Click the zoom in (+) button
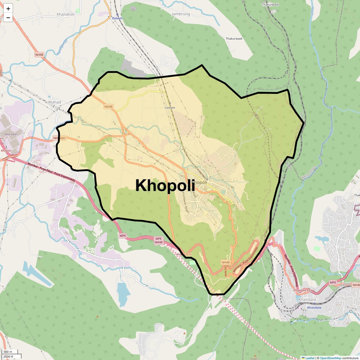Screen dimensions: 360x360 click(x=8, y=9)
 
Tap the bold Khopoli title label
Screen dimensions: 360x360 click(x=165, y=185)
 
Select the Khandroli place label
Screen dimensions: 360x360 click(x=66, y=14)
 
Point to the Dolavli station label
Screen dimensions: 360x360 click(x=117, y=18)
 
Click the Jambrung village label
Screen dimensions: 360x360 click(x=181, y=14)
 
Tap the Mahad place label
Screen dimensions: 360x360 click(x=55, y=102)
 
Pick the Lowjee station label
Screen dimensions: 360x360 click(x=170, y=107)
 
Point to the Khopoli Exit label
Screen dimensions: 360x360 click(x=184, y=255)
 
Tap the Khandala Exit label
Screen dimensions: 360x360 click(x=303, y=291)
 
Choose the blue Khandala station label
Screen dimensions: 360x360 click(x=314, y=307)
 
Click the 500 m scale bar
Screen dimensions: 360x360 click(x=8, y=352)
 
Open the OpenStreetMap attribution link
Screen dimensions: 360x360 click(x=331, y=358)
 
